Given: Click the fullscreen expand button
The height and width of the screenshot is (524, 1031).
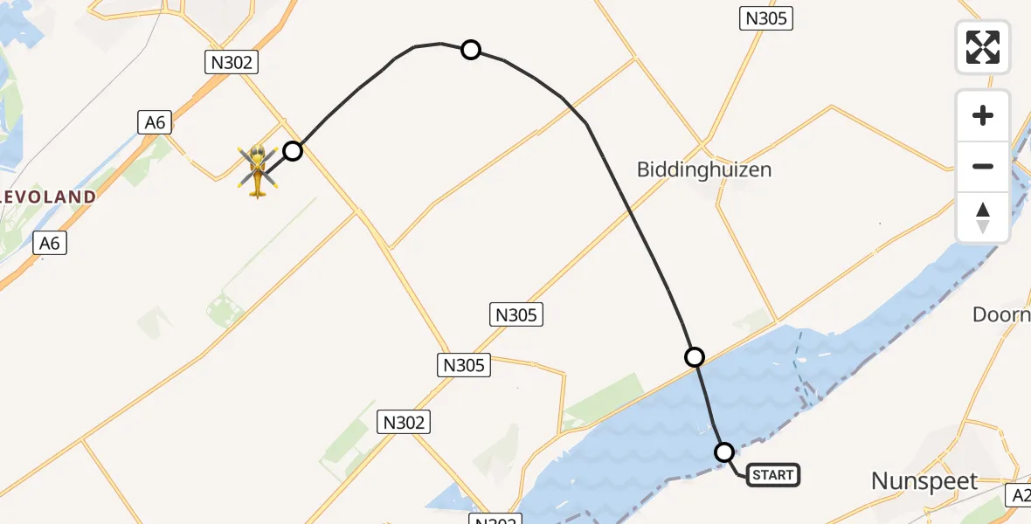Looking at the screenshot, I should pyautogui.click(x=983, y=47).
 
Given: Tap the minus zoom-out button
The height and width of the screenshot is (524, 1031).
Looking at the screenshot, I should pyautogui.click(x=983, y=166).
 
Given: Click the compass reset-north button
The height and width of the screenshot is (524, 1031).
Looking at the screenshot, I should pyautogui.click(x=983, y=217).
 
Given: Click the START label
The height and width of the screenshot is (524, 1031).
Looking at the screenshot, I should pyautogui.click(x=772, y=475).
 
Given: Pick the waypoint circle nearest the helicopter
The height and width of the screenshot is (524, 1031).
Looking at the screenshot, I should pyautogui.click(x=293, y=151).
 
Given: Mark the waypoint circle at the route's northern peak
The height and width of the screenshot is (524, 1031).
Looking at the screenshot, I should pyautogui.click(x=471, y=50).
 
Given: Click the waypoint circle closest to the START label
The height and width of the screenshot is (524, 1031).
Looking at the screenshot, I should pyautogui.click(x=724, y=452).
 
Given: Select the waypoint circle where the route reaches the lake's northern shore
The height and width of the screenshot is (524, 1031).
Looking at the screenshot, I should pyautogui.click(x=695, y=356).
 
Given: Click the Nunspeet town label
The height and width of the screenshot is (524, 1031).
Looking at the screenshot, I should pyautogui.click(x=924, y=480).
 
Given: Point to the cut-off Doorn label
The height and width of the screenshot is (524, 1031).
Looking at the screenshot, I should pyautogui.click(x=1002, y=314).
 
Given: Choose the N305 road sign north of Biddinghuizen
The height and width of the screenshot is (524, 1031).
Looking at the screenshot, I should pyautogui.click(x=765, y=18).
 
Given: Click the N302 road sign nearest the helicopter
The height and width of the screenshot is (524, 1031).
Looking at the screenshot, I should pyautogui.click(x=230, y=61).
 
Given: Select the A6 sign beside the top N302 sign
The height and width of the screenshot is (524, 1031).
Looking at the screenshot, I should pyautogui.click(x=154, y=122).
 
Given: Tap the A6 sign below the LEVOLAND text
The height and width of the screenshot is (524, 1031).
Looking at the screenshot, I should pyautogui.click(x=50, y=243).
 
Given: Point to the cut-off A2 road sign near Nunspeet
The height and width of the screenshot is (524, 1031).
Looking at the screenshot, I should pyautogui.click(x=1019, y=495).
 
